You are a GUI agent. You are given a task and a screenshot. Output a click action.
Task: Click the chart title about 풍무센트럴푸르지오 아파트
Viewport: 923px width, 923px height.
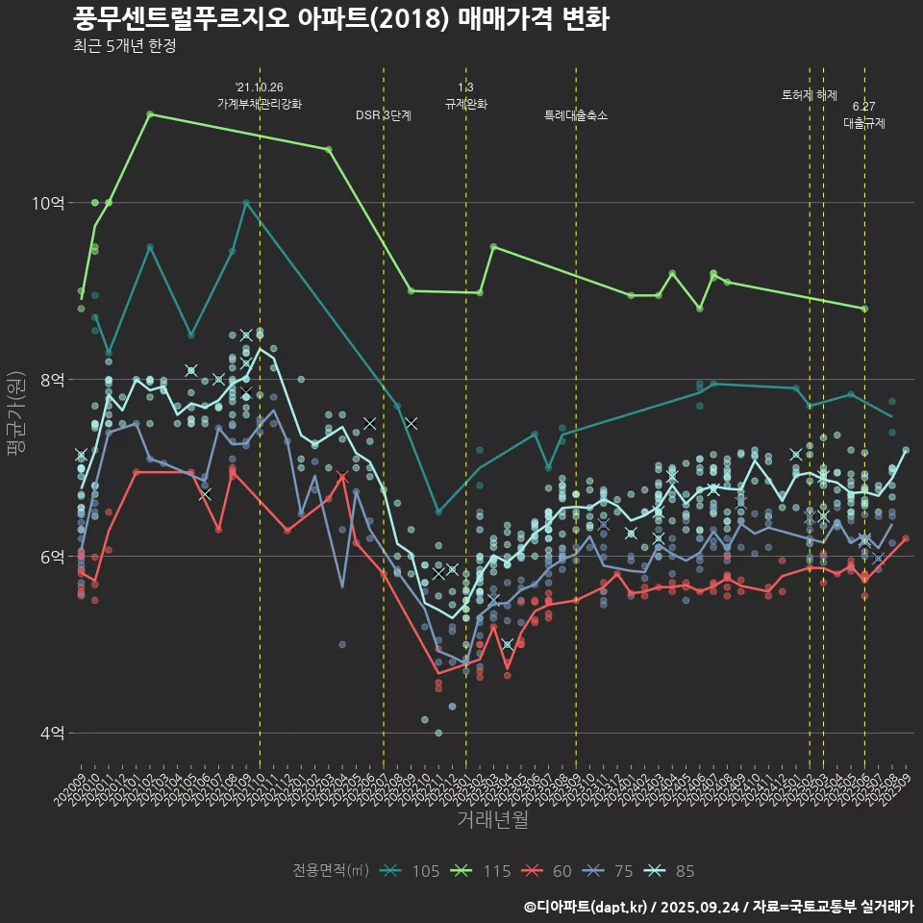click(x=340, y=19)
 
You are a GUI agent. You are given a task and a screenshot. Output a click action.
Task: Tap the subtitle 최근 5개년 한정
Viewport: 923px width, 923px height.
click(x=124, y=45)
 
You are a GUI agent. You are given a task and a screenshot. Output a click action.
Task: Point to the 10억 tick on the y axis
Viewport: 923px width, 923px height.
click(x=49, y=203)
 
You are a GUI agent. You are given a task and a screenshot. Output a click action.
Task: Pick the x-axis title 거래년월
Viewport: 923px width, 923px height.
click(x=492, y=820)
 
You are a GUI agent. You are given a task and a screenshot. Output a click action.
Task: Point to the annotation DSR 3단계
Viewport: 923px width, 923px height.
click(x=384, y=115)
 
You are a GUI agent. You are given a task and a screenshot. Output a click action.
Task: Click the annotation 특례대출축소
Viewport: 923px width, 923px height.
click(x=576, y=115)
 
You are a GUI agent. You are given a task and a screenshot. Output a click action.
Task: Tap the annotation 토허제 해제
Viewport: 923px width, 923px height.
click(x=810, y=95)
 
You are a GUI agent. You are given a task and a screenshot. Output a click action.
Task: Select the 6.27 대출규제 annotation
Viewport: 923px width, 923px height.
click(x=864, y=115)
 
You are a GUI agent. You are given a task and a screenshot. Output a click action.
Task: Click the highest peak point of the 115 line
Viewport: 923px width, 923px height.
click(x=150, y=114)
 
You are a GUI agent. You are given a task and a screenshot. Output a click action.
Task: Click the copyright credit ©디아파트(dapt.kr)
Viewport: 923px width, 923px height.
click(x=586, y=907)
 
